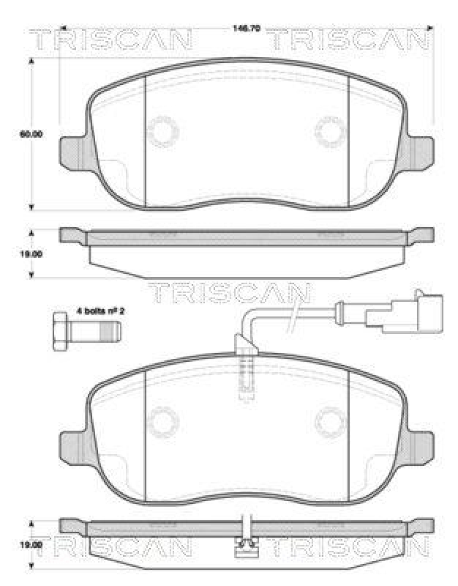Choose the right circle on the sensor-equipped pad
tap(329, 422)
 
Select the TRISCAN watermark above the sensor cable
tap(229, 292)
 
